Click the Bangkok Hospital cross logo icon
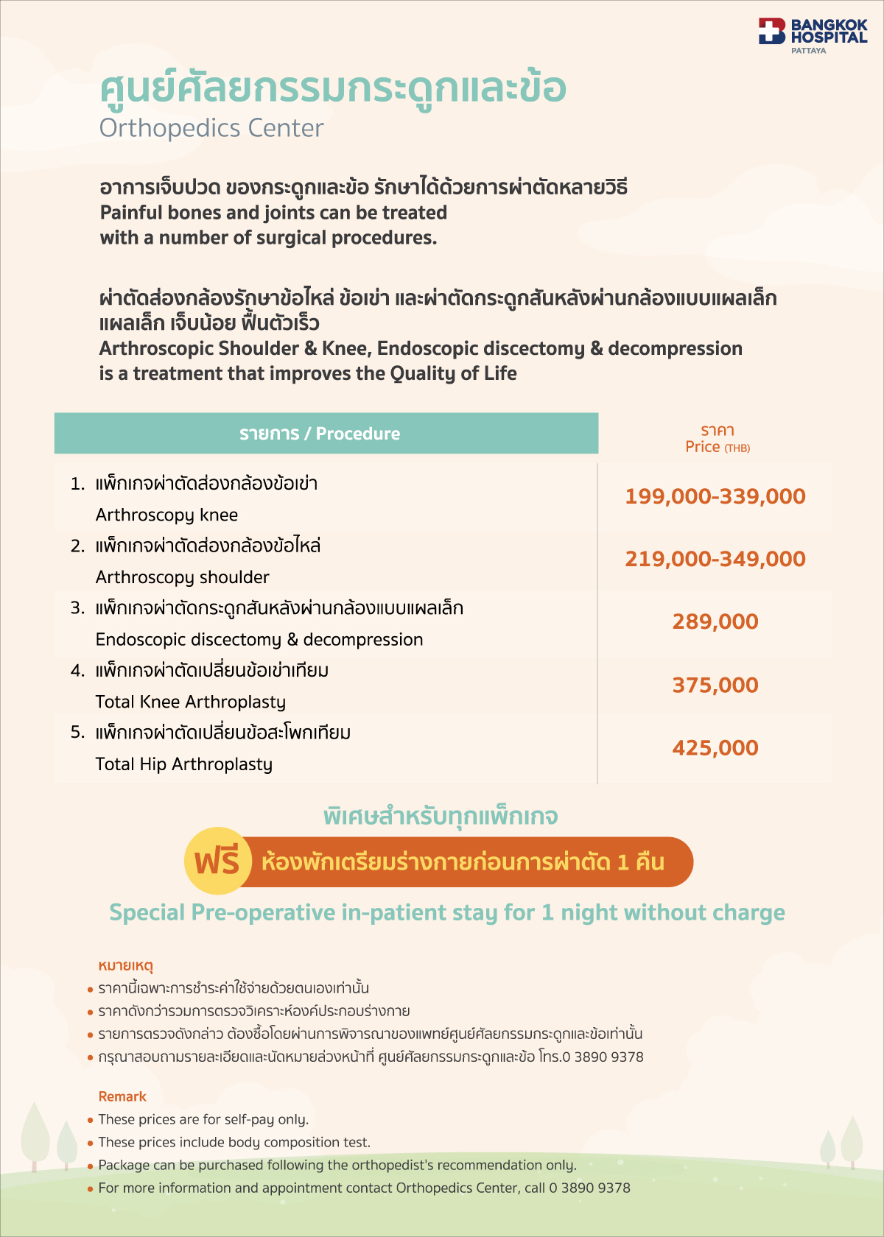click(x=772, y=32)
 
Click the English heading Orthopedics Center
click(x=211, y=128)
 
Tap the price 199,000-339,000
click(x=715, y=496)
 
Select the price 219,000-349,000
click(x=715, y=559)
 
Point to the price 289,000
click(x=715, y=621)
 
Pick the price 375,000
click(x=715, y=685)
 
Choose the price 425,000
click(x=715, y=747)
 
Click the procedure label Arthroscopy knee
click(x=166, y=515)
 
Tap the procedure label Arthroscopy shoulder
click(x=182, y=577)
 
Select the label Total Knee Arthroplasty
click(x=190, y=702)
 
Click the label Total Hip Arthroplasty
click(x=183, y=764)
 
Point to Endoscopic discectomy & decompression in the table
click(x=259, y=639)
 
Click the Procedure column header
click(x=320, y=434)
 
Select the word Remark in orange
click(x=122, y=1096)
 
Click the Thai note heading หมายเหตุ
click(x=125, y=965)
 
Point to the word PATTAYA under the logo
click(x=808, y=51)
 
